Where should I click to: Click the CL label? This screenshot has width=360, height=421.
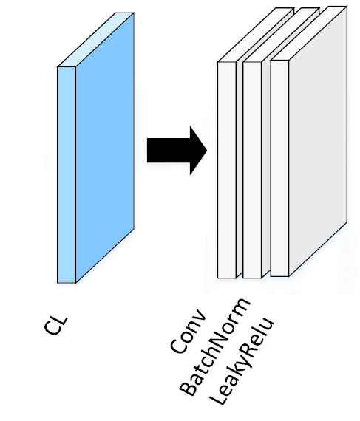tap(56, 326)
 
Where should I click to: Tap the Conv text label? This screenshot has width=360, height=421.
tap(188, 331)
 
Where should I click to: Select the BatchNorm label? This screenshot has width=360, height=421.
tap(214, 347)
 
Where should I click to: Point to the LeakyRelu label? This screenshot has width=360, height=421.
tap(242, 361)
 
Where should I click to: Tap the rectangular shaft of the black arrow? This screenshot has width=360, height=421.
tap(169, 151)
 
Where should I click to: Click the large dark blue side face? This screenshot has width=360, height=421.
tap(105, 148)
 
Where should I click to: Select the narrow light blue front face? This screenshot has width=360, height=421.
tap(67, 175)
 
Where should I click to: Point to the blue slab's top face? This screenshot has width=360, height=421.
tap(95, 40)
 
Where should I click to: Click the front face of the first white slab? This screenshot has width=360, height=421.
tap(227, 170)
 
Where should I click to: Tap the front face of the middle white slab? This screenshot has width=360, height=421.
tap(252, 170)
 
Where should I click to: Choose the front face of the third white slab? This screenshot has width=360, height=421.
tap(279, 168)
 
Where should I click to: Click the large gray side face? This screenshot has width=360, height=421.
tap(318, 141)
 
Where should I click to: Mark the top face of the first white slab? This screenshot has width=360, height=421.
tap(256, 35)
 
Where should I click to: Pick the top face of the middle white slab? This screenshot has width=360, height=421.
tap(281, 35)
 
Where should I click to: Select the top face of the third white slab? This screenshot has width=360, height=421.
tap(309, 33)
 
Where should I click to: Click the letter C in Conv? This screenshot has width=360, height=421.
tap(178, 344)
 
